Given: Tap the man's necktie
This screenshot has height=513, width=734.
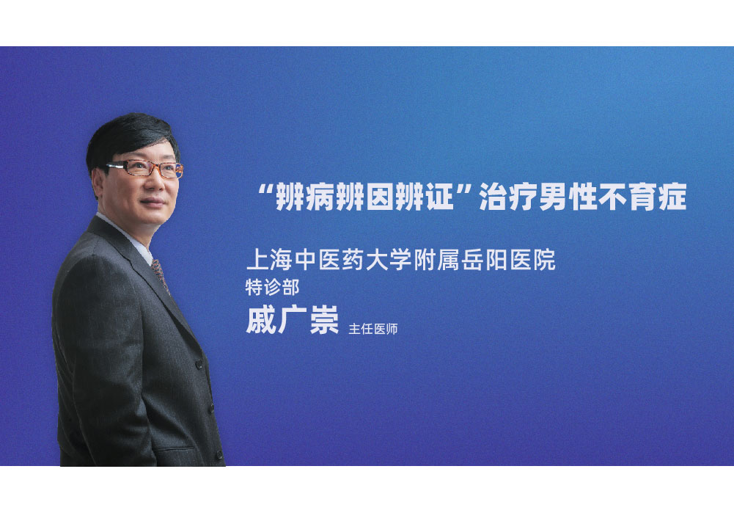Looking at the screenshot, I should [x=158, y=272].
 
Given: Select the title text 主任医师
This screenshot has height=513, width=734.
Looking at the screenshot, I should [x=373, y=329].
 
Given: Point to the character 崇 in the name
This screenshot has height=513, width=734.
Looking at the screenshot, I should [x=323, y=321].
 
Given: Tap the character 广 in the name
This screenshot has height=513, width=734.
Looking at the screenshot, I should [x=292, y=321].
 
